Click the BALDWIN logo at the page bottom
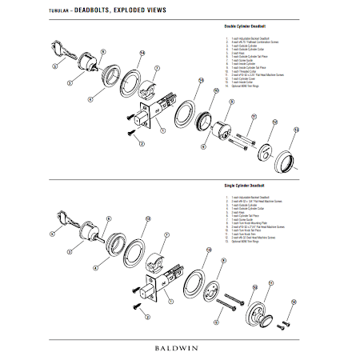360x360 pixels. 179,349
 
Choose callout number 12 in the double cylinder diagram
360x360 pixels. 274,122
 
